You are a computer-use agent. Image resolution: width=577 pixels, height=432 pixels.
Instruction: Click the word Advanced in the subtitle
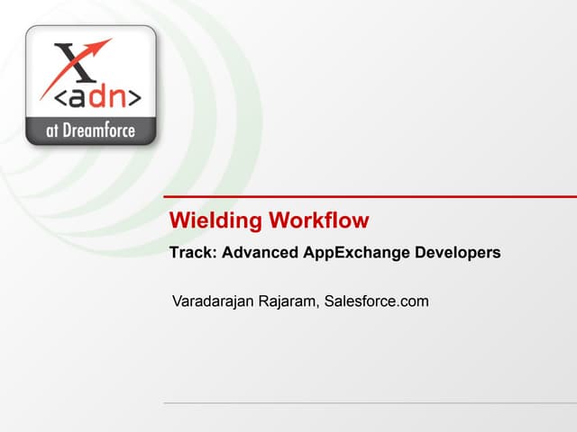259,254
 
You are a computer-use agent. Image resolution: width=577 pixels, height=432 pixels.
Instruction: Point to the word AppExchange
353,254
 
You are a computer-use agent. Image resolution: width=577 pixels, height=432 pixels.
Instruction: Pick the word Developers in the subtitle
457,254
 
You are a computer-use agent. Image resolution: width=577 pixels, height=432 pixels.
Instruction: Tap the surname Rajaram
284,301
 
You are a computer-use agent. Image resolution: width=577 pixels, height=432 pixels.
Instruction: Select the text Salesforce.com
376,301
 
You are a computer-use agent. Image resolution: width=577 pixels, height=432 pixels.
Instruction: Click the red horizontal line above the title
370,196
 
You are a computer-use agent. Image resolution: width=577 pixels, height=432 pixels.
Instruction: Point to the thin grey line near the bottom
370,402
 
